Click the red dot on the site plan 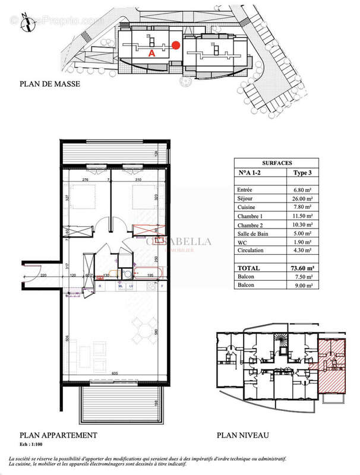[175, 45]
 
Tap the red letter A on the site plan [151, 53]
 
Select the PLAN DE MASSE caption [49, 84]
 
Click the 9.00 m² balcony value [301, 285]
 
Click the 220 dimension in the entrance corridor [43, 275]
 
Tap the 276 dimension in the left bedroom [84, 179]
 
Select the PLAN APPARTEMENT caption [58, 435]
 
